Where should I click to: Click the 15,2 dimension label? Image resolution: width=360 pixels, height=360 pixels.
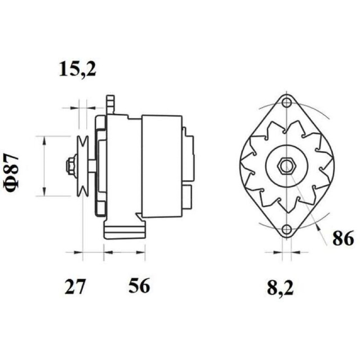(x=77, y=69)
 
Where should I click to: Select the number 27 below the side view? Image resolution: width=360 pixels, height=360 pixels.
(x=75, y=286)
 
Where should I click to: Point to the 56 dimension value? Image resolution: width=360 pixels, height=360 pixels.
(x=139, y=286)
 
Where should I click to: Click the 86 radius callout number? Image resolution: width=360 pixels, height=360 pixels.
(x=343, y=239)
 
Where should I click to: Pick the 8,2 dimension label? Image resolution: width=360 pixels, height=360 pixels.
(x=280, y=288)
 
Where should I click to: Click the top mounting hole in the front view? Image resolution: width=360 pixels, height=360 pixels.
(x=286, y=102)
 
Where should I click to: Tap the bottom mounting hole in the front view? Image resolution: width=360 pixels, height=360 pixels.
(x=287, y=229)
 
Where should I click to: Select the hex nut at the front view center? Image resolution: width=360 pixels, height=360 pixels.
(x=287, y=165)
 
